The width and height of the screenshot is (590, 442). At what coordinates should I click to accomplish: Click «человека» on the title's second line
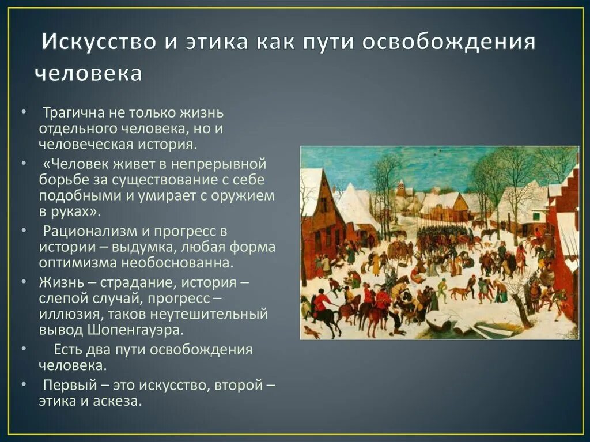click(88, 74)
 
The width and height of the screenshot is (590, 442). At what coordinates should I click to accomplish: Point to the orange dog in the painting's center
click(459, 293)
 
